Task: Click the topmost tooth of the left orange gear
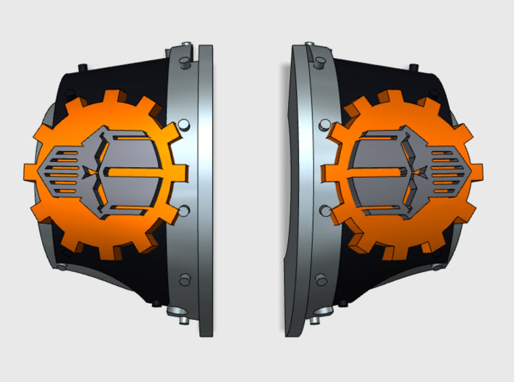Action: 112,97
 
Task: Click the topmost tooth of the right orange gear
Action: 395,97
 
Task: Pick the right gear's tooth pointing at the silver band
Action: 326,174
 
